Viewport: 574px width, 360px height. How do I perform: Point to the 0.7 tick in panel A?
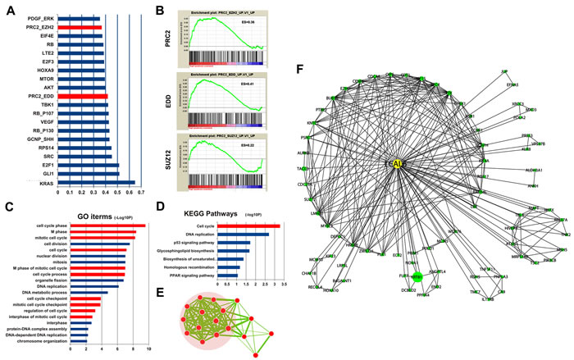(140, 194)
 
